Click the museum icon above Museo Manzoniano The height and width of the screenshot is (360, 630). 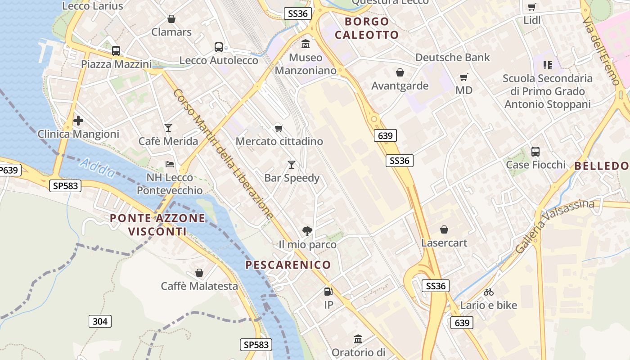tap(306, 44)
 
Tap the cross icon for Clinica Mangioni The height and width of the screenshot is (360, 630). tap(78, 121)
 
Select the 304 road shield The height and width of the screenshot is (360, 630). tap(100, 321)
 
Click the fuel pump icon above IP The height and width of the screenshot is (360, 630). tap(328, 292)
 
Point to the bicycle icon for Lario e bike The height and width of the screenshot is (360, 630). tap(488, 292)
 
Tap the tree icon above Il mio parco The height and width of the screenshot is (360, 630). tap(307, 231)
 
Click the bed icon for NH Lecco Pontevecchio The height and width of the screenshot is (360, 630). tap(170, 164)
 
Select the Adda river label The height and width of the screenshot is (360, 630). tap(96, 167)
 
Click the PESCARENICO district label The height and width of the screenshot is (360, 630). tap(288, 265)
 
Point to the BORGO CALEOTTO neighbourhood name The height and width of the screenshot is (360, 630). tap(367, 28)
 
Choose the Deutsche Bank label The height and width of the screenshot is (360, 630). tap(452, 58)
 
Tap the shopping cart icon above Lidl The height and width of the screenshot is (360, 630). tap(531, 7)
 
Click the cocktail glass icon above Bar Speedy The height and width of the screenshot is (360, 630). tap(292, 164)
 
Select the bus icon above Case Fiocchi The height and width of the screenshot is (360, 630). tap(535, 151)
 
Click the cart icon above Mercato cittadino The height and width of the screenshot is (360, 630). tap(279, 128)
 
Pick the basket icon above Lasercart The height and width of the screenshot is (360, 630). tap(444, 229)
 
